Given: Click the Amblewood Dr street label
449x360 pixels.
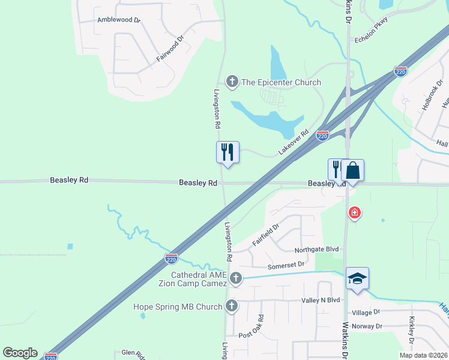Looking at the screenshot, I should [x=119, y=20].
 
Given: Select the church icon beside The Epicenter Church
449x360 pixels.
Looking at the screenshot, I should [x=232, y=82].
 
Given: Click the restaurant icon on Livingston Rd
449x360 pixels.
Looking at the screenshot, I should [x=228, y=152].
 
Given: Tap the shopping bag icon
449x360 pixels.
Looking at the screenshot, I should [x=352, y=170].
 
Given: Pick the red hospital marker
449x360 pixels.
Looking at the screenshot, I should [x=355, y=212].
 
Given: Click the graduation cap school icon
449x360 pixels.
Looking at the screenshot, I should [x=357, y=278].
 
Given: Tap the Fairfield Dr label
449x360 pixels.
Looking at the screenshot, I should [x=266, y=235].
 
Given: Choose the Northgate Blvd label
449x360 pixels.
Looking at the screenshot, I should [x=316, y=250].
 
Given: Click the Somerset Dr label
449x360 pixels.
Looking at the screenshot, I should [x=286, y=264].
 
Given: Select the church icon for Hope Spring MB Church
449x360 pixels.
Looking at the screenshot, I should [x=232, y=307].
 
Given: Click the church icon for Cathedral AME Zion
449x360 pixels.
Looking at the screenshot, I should [x=236, y=278].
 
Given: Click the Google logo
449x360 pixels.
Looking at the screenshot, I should [x=20, y=353].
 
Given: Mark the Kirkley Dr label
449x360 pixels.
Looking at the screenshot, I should [x=412, y=331].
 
